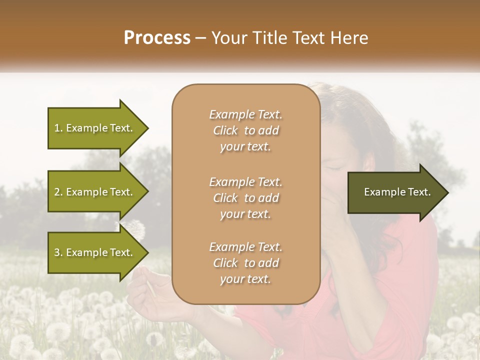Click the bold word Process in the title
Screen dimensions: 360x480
(157, 38)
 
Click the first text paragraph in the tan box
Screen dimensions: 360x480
(245, 130)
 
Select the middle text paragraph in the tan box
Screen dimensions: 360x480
(245, 198)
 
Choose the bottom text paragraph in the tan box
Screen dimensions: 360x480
(245, 263)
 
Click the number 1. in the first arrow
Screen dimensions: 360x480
(58, 128)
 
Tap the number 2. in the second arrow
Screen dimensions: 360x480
(58, 192)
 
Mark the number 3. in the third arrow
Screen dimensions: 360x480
(58, 252)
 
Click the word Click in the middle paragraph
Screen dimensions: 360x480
(225, 198)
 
